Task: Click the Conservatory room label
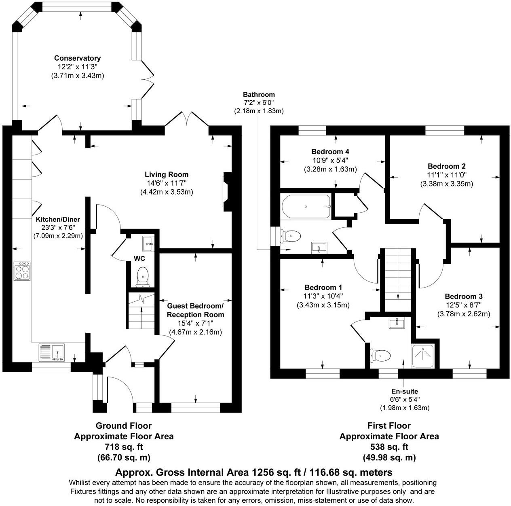[x=77, y=58]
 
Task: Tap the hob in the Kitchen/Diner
[x=22, y=271]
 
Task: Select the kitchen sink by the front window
[x=52, y=352]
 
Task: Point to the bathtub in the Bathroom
[x=306, y=206]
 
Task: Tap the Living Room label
[x=167, y=175]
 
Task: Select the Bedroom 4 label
[x=330, y=152]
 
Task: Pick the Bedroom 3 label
[x=463, y=296]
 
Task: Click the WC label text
[x=139, y=258]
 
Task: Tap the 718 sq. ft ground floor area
[x=124, y=447]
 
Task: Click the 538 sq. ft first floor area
[x=389, y=447]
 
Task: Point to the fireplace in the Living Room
[x=227, y=192]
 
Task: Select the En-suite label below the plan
[x=404, y=391]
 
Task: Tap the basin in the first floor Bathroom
[x=319, y=247]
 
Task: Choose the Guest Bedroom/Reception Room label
[x=195, y=310]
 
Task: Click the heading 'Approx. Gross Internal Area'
[x=182, y=472]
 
